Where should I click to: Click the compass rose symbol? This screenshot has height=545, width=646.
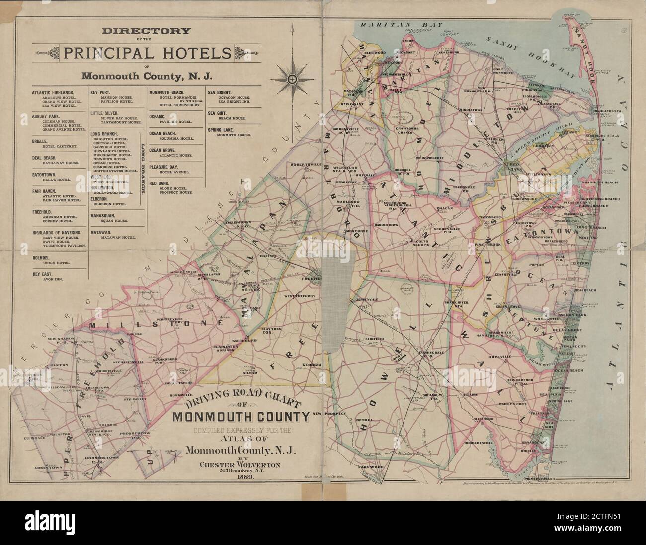coord(293,79)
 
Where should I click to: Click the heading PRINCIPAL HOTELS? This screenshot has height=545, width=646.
coord(147,53)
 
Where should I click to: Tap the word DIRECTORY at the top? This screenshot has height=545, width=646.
coord(147,31)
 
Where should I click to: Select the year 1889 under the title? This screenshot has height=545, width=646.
coord(240,477)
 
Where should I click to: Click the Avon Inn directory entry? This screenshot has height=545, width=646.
coord(50,279)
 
